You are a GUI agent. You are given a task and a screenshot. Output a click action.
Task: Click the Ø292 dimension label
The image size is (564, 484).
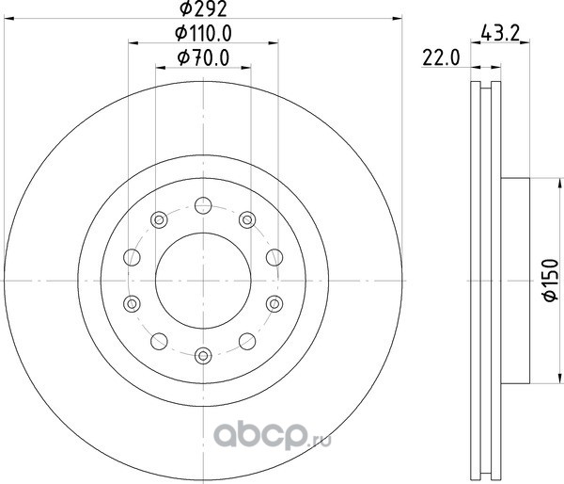203,8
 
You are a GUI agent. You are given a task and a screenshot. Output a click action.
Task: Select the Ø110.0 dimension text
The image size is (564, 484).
203,34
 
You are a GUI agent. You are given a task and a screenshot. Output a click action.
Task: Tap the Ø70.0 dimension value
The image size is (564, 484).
203,58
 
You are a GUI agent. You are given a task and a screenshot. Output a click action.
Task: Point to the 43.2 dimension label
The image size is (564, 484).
501,34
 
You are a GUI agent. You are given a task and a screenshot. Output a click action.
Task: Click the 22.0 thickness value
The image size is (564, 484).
441,58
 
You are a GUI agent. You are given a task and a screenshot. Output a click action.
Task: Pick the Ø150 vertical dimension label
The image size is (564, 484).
551,280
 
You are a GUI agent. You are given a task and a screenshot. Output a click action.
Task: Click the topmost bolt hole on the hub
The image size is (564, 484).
203,206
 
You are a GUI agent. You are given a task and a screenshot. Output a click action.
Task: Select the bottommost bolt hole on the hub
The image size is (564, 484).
203,356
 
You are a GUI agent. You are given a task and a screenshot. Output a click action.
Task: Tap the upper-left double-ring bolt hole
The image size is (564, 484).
159,219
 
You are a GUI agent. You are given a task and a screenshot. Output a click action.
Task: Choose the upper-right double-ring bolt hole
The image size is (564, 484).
247,219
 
